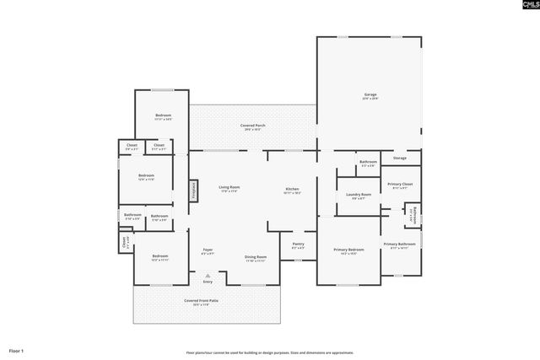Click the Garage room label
point(370,94)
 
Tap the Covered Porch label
point(253,126)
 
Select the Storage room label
point(399,158)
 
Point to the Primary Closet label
point(400,184)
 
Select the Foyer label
point(208,250)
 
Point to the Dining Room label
point(256,257)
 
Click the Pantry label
point(298,245)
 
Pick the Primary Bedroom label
point(348,250)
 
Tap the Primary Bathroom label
point(400,244)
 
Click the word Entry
point(208,282)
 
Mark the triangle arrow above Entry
point(208,274)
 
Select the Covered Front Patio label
point(202,301)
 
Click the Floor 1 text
point(17,350)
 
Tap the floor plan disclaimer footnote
point(270,352)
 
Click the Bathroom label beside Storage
point(368,162)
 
